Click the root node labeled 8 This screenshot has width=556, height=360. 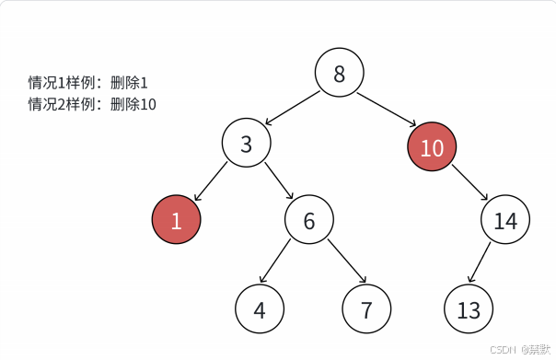click(340, 74)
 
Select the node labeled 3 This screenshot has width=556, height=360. click(246, 144)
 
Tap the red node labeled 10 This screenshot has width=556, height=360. click(432, 147)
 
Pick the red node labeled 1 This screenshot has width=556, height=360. click(176, 221)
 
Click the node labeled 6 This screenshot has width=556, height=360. click(309, 220)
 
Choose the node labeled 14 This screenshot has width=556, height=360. click(505, 221)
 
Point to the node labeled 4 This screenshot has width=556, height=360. click(260, 309)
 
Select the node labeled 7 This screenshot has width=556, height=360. click(367, 309)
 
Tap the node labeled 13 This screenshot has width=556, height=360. click(469, 309)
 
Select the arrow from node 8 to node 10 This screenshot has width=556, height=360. click(386, 109)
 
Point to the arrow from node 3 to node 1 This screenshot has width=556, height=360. click(212, 181)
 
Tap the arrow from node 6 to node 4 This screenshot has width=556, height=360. click(276, 261)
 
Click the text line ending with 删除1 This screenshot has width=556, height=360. click(87, 83)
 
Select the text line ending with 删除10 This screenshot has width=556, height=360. click(92, 104)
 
